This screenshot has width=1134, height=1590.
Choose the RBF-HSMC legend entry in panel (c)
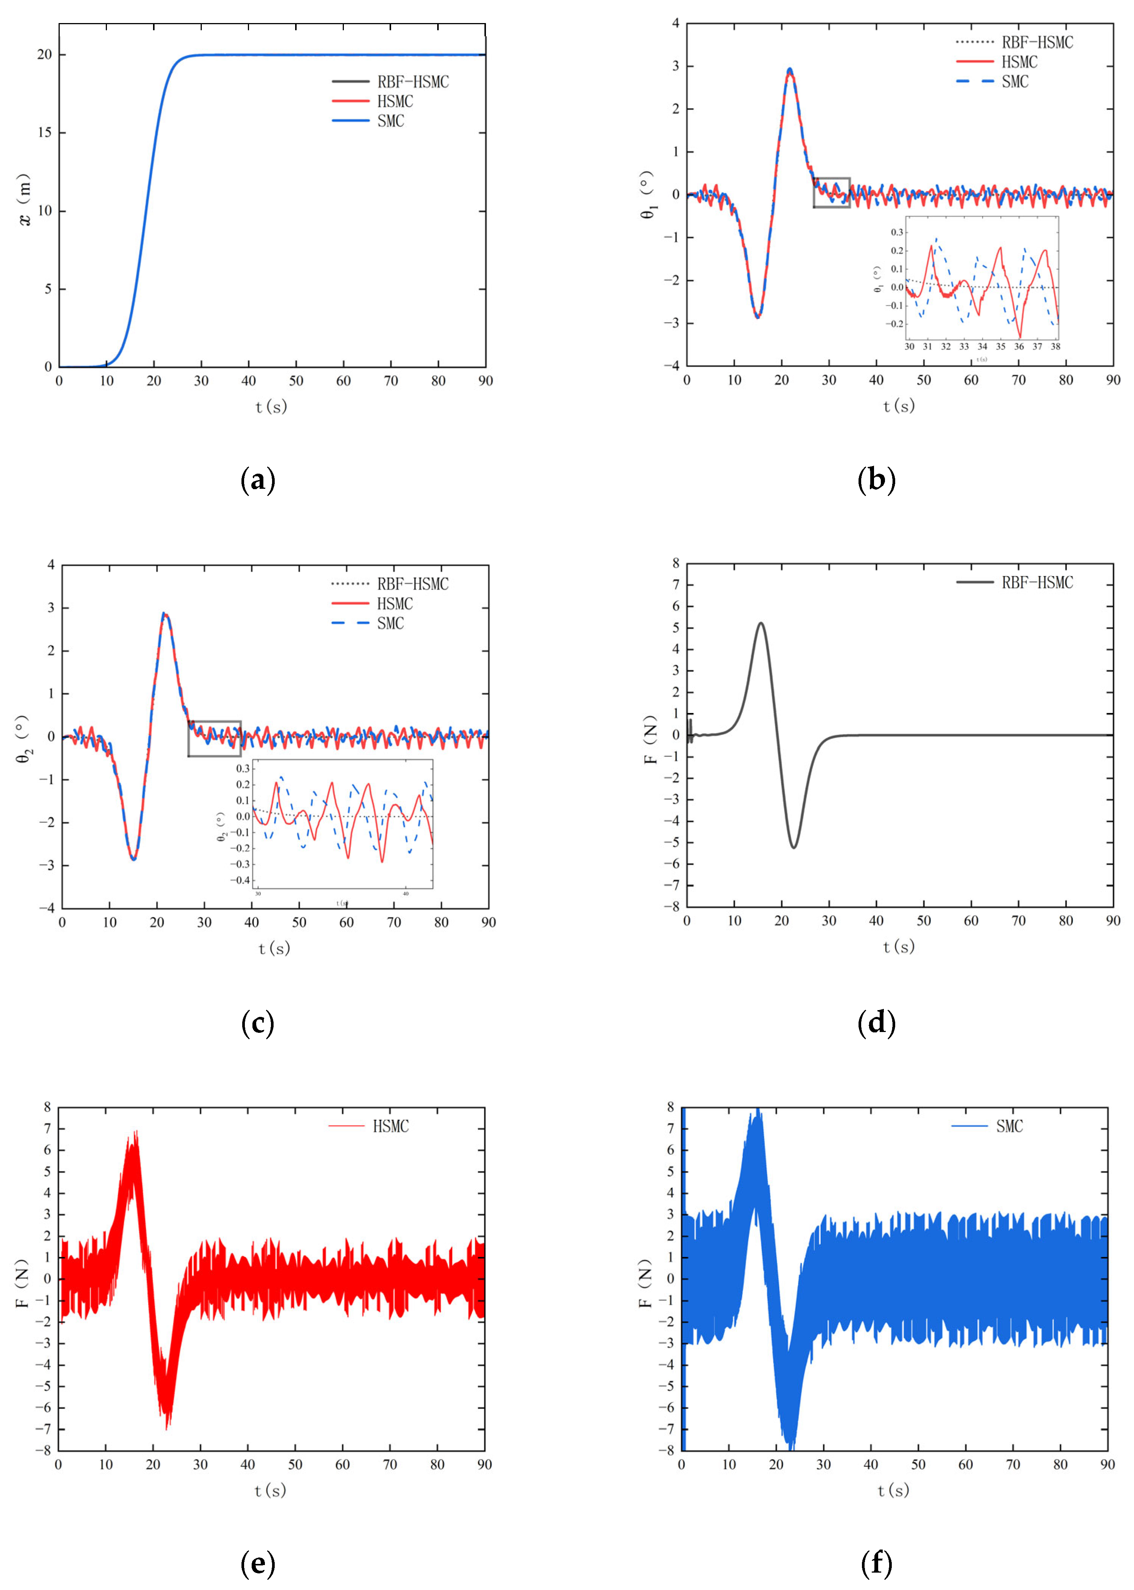coord(412,584)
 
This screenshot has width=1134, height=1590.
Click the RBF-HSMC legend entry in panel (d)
coord(1037,583)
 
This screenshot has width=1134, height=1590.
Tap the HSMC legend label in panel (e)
coord(390,1126)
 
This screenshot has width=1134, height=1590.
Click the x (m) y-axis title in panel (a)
coord(25,200)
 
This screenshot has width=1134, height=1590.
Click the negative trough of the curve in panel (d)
coord(793,848)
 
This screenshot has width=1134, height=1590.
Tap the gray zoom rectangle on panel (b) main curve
coord(832,193)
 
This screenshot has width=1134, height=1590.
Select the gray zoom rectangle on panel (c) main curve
coord(214,738)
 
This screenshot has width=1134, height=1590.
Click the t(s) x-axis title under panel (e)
coord(270,1491)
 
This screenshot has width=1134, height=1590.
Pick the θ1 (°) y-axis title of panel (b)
coord(648,195)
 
